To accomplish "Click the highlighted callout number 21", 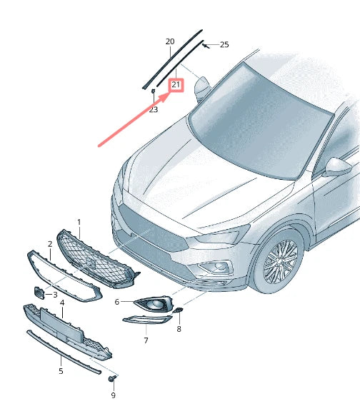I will tap(176, 86).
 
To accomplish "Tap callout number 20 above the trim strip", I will tap(170, 41).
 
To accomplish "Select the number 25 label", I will tap(224, 44).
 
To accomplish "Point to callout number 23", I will tap(154, 109).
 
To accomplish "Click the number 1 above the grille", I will tap(79, 223).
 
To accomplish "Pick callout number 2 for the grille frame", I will tap(50, 244).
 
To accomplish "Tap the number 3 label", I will tap(55, 295).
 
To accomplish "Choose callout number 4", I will tap(62, 303).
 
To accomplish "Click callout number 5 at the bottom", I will tap(61, 371).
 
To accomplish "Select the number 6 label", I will tap(117, 302).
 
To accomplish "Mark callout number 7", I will tap(146, 340).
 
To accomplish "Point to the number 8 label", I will tap(179, 329).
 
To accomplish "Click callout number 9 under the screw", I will tap(113, 395).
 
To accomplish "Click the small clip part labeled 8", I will tap(179, 311).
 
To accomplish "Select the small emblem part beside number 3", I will tap(39, 293).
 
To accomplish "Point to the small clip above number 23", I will tap(153, 91).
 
